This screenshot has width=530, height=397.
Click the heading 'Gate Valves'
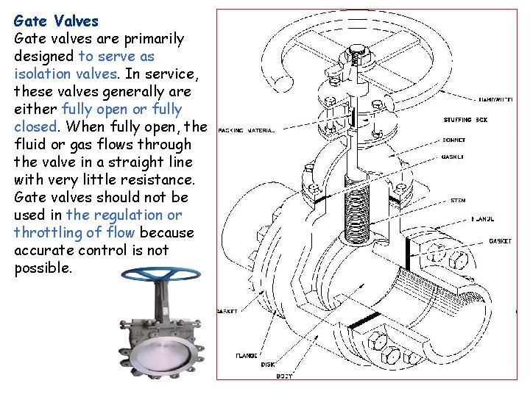pyautogui.click(x=56, y=21)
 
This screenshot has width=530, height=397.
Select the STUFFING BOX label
pyautogui.click(x=465, y=120)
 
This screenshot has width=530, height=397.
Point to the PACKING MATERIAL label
pyautogui.click(x=247, y=130)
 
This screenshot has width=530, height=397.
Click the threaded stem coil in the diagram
pyautogui.click(x=360, y=214)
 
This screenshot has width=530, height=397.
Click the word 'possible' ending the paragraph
pyautogui.click(x=41, y=268)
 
